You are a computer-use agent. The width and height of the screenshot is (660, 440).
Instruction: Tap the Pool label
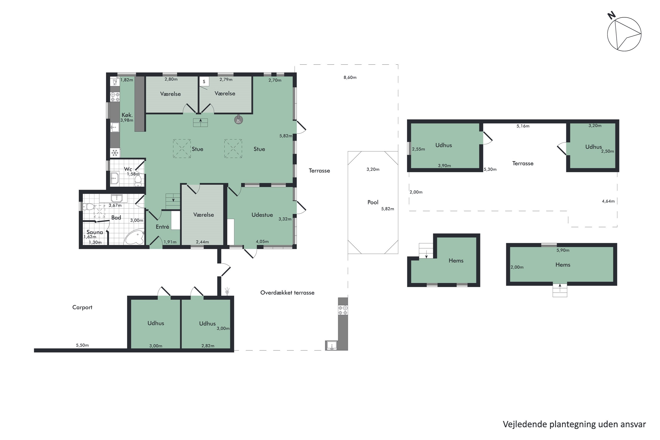click(373, 202)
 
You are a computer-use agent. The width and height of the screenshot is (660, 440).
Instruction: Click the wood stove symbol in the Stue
click(238, 120)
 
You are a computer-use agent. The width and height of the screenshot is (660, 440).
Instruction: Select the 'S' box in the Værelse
click(204, 82)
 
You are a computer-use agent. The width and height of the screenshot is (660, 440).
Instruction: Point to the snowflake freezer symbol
click(115, 153)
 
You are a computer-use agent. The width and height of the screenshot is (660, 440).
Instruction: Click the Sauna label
click(95, 232)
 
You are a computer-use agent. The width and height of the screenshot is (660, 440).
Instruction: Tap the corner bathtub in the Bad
click(135, 237)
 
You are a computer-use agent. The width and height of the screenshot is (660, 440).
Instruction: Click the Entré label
click(163, 227)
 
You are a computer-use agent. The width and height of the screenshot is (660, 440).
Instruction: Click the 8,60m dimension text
click(350, 77)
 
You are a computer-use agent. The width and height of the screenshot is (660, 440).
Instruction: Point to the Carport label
click(82, 307)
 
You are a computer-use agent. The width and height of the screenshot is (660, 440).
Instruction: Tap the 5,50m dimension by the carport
click(82, 345)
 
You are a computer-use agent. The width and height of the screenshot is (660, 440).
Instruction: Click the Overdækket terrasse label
click(287, 293)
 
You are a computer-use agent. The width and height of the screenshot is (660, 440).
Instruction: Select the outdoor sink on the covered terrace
click(332, 345)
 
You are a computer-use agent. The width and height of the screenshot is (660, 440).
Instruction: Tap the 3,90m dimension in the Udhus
click(444, 166)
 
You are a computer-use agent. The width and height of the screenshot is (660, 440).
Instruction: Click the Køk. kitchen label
click(127, 115)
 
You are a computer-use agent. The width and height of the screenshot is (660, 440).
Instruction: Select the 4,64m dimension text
click(608, 201)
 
